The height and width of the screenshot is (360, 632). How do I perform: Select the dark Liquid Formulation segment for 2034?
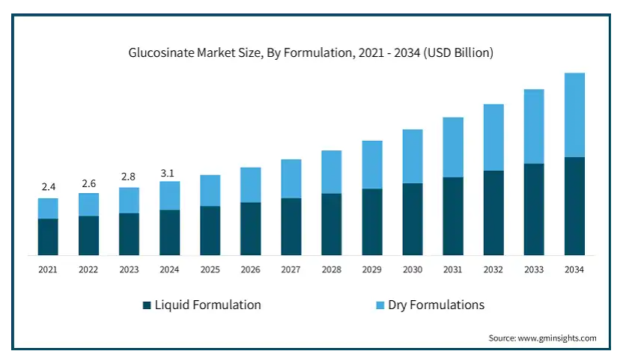point(574,206)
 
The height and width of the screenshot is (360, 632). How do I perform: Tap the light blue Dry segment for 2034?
point(574,115)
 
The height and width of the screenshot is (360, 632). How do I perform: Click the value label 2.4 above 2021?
point(48,186)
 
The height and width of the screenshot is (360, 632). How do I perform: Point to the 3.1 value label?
point(168,173)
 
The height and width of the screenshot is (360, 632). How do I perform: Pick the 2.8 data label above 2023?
point(129,177)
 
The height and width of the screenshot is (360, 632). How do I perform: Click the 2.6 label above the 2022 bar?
point(88,183)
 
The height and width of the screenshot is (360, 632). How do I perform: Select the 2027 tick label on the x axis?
point(291,269)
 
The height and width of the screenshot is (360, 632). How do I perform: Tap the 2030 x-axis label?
point(413,269)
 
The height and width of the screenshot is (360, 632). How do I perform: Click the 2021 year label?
point(48,269)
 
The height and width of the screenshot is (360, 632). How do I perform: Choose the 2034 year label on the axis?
point(574,269)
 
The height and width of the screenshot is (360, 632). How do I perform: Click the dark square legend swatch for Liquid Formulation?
point(147,305)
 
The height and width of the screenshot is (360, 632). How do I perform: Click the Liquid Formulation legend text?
point(207,305)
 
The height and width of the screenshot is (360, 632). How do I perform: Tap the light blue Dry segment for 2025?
point(210,190)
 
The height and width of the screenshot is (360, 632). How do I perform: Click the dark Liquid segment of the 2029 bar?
point(372,222)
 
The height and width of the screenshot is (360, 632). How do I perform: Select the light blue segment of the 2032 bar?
point(493,137)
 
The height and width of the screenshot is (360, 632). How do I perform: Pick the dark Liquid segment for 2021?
point(48,237)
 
